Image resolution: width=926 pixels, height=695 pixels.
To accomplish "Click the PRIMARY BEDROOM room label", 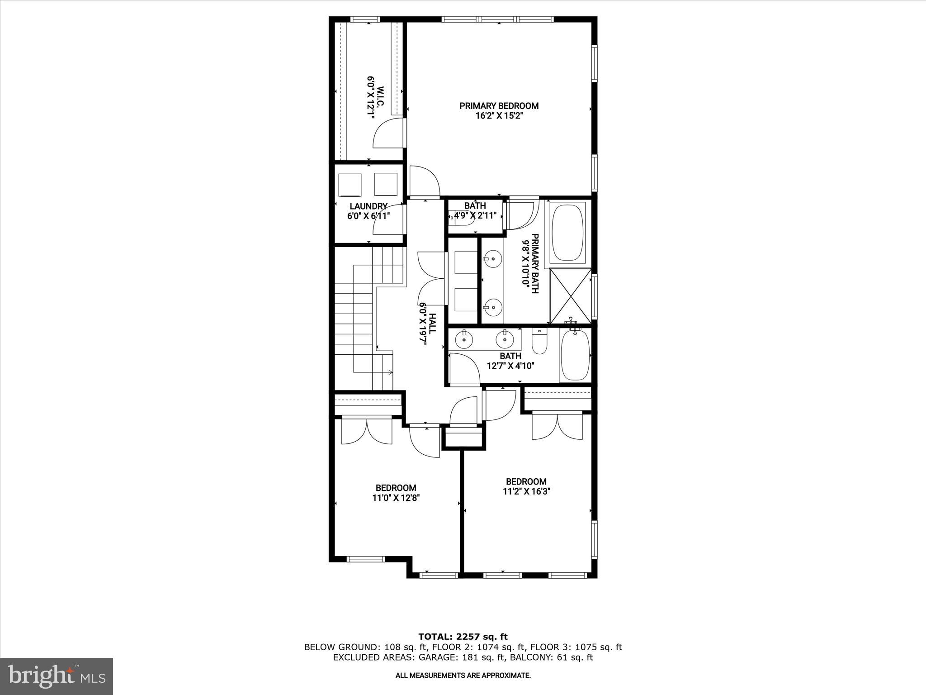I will pyautogui.click(x=499, y=106).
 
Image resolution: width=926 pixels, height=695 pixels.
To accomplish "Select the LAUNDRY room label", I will pyautogui.click(x=369, y=206).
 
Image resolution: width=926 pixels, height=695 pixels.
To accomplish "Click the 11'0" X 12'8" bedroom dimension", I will pyautogui.click(x=396, y=498).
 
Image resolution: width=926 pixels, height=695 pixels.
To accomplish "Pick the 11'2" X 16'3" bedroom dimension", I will pyautogui.click(x=526, y=491).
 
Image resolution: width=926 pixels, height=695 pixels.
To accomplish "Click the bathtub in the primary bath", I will pyautogui.click(x=567, y=233).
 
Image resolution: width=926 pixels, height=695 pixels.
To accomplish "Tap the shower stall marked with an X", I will pyautogui.click(x=571, y=296).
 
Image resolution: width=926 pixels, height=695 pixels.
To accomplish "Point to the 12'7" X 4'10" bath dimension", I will pyautogui.click(x=510, y=366).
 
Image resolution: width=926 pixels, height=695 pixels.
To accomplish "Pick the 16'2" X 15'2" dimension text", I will pyautogui.click(x=499, y=116).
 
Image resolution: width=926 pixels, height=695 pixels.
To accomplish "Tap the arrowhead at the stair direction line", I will pyautogui.click(x=391, y=372).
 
